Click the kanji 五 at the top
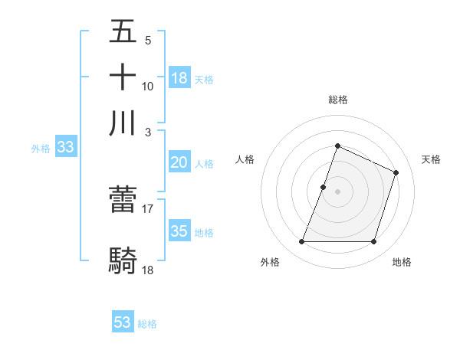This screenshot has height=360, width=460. pos(123,34)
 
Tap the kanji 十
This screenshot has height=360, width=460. pos(123,77)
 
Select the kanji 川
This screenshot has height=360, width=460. pos(123,123)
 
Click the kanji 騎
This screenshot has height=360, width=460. pos(123,260)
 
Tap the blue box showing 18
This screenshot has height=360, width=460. pos(179,78)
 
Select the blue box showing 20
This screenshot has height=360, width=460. pos(179,162)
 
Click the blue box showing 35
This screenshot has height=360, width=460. pos(179,231)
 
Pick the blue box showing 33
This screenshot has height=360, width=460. pos(64,148)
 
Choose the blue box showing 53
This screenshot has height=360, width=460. pos(123,322)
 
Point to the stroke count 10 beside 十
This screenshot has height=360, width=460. pos(148,86)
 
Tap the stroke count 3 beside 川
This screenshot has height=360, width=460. pos(149,131)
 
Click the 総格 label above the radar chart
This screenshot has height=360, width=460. pos(337,100)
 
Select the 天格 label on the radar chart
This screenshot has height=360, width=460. pos(432,159)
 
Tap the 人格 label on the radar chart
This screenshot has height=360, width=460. pos(245,159)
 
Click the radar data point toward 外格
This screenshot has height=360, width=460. pos(301,242)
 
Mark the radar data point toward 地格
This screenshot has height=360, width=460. pos(374,242)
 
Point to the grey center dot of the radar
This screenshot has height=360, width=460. pos(337,191)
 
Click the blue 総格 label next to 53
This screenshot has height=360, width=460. pos(147,324)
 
